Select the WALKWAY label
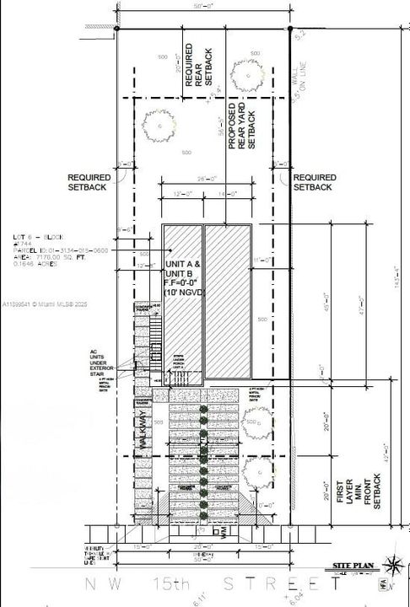point(143,438)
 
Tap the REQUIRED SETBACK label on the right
point(315,183)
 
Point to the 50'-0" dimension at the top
point(202,7)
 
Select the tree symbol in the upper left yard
point(157,127)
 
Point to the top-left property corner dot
point(116,28)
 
